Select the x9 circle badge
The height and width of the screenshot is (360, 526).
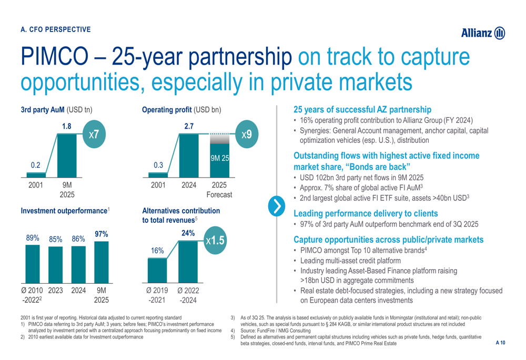pyautogui.click(x=246, y=135)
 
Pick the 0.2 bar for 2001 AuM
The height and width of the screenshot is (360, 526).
pyautogui.click(x=36, y=174)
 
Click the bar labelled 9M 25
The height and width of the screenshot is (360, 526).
pyautogui.click(x=219, y=164)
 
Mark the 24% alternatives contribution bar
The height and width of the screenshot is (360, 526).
pyautogui.click(x=188, y=259)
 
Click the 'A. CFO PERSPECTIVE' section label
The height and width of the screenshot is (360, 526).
pyautogui.click(x=55, y=29)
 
